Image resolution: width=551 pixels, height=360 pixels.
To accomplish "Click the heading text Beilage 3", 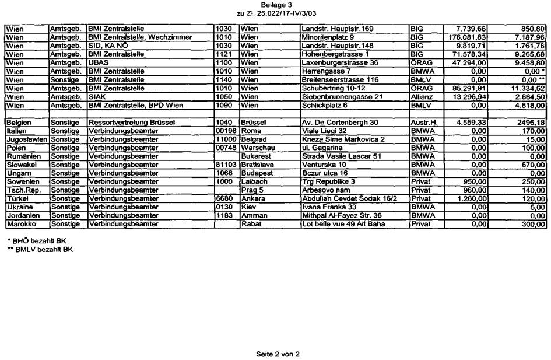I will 276,4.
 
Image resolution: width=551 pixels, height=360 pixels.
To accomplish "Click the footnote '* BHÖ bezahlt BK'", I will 36,241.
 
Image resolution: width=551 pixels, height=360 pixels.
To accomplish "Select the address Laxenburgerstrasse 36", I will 340,62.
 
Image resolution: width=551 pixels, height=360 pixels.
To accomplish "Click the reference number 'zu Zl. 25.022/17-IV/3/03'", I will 276,12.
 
